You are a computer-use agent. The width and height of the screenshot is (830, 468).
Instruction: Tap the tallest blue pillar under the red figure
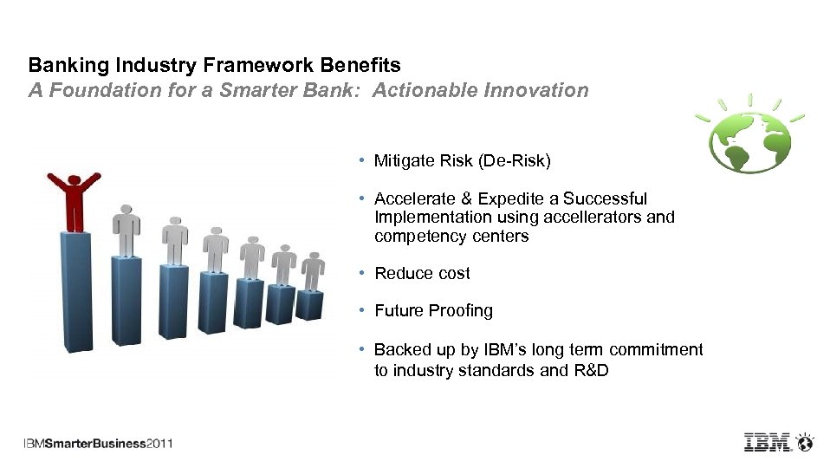click(x=76, y=292)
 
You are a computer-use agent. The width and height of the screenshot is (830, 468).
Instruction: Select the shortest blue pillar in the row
click(x=309, y=305)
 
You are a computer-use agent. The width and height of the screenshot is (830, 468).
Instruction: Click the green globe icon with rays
click(x=749, y=134)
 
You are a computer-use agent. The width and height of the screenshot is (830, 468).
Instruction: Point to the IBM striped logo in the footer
click(x=768, y=442)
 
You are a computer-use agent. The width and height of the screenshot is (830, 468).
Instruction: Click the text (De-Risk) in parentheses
click(x=514, y=161)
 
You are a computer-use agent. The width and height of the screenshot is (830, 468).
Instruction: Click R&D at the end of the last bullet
click(x=591, y=370)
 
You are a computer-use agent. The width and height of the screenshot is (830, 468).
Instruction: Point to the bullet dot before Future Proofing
click(x=362, y=309)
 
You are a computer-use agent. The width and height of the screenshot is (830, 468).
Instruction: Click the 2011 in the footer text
click(x=159, y=444)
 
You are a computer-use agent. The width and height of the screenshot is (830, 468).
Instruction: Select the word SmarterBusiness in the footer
click(x=95, y=444)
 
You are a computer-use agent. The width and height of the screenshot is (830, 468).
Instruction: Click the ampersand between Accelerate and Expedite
click(x=466, y=199)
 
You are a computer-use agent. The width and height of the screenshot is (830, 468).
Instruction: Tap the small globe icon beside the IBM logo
click(x=805, y=442)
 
